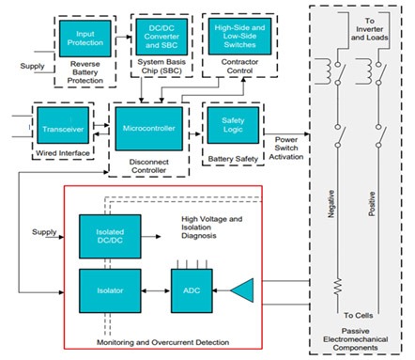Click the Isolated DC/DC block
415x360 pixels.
111,236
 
